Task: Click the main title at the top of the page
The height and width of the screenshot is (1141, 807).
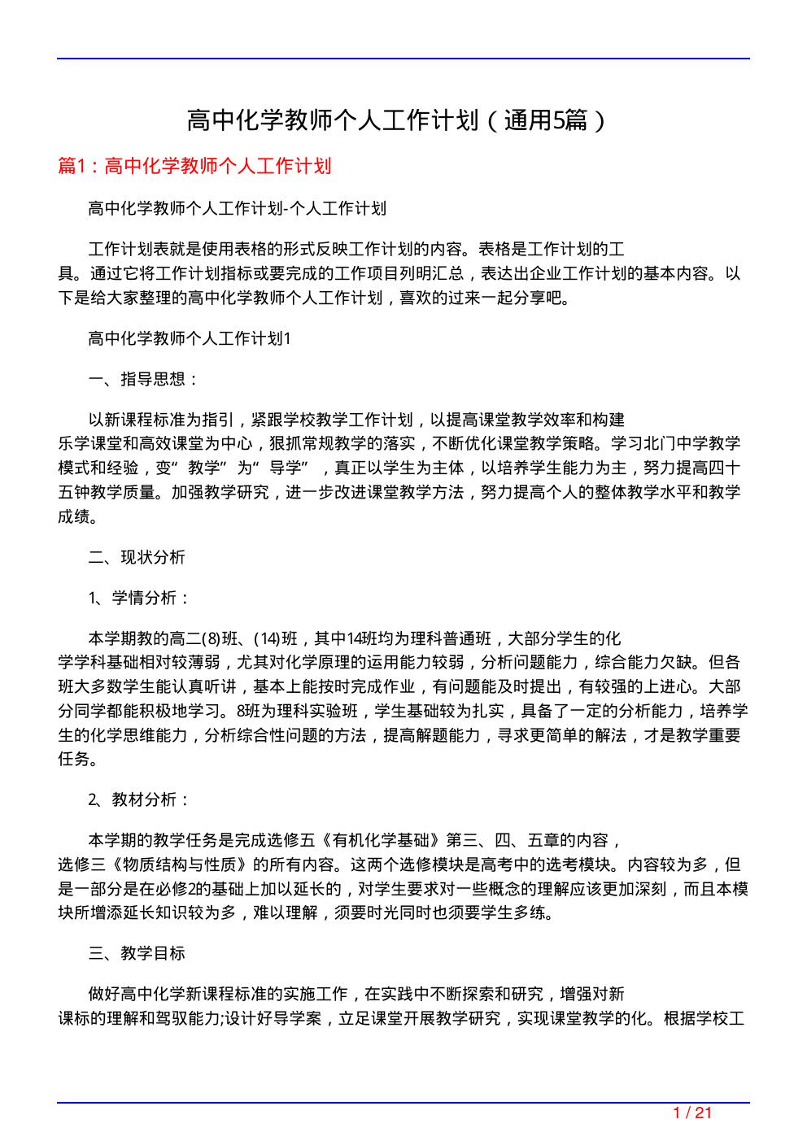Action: point(396,121)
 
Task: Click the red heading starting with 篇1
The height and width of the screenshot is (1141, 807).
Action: point(195,167)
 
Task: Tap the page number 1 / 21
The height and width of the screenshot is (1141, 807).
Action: point(693,1113)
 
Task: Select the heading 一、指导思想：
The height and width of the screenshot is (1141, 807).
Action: point(143,379)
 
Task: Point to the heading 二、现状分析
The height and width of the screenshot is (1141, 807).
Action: point(137,557)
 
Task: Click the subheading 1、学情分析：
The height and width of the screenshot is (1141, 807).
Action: point(140,599)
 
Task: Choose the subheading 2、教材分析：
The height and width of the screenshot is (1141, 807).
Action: point(140,799)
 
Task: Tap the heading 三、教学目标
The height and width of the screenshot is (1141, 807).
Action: point(137,953)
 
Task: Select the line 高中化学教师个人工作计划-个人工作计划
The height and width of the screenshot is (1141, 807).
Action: point(237,208)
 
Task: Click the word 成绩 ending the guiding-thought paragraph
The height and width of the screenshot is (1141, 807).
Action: point(73,516)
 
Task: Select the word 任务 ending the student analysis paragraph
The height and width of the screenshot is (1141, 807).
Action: point(73,760)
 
